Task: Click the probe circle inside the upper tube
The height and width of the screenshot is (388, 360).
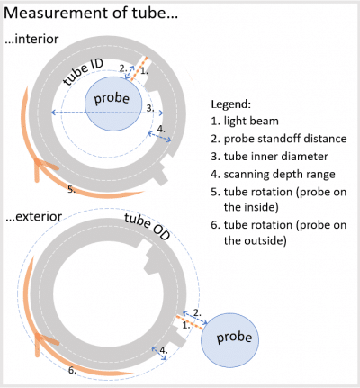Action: tap(113, 104)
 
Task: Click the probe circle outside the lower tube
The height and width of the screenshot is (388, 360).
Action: tap(229, 340)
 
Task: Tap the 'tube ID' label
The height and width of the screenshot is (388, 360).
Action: tap(84, 71)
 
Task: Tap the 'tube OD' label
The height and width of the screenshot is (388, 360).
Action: tap(147, 227)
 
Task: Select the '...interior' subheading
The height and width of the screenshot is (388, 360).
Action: tap(31, 39)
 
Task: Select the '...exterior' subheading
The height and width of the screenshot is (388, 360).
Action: tap(34, 216)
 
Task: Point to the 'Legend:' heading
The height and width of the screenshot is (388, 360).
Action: tap(231, 104)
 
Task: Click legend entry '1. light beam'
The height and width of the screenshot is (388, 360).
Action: tap(245, 121)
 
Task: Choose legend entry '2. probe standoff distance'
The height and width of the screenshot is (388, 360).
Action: tap(279, 139)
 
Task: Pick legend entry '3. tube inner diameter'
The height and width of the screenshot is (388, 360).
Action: tap(269, 157)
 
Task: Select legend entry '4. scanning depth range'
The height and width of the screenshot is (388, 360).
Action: tap(273, 175)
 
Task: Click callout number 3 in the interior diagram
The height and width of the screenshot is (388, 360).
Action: tap(150, 108)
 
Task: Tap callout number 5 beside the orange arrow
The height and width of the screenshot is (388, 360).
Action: tap(71, 189)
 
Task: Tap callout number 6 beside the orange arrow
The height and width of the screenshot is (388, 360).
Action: tap(72, 370)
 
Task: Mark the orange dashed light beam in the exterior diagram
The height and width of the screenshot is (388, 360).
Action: tap(190, 322)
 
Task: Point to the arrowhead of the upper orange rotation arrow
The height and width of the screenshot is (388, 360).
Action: tap(38, 161)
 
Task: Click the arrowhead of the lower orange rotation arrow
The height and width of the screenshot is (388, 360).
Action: tap(38, 336)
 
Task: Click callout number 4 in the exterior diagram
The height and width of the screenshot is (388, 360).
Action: tap(164, 350)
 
